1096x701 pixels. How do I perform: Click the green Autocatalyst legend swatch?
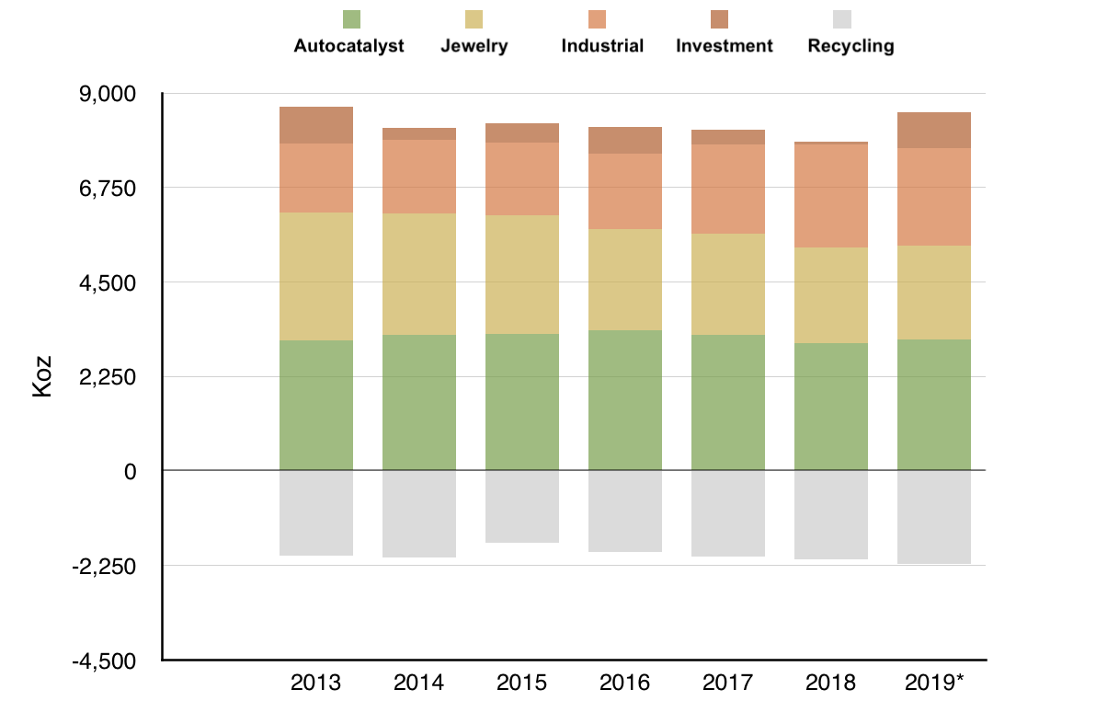[351, 18]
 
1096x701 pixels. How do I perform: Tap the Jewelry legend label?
[474, 46]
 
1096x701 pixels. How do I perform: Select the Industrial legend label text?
[602, 46]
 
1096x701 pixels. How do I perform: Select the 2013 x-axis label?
[315, 684]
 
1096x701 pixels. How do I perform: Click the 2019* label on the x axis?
[934, 684]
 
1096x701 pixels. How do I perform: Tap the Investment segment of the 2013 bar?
[316, 125]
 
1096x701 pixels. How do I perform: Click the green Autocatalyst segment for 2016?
[625, 400]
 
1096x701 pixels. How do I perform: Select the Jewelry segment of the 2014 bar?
[419, 274]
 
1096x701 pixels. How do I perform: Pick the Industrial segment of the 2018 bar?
[831, 196]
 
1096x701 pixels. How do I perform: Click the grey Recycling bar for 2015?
[522, 507]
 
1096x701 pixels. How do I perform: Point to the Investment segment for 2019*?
[934, 131]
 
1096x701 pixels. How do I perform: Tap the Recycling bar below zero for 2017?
[728, 513]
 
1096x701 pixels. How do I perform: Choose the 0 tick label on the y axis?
[129, 471]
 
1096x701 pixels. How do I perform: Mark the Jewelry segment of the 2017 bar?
[728, 284]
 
